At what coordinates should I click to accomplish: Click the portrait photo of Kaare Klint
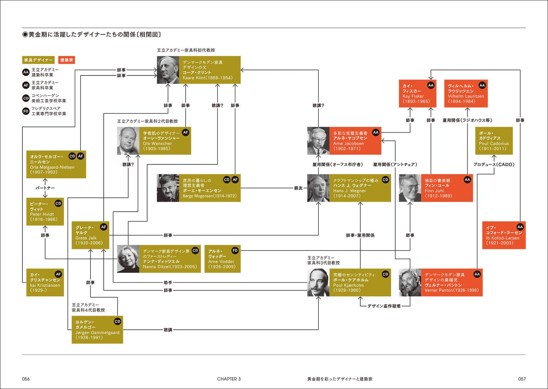(x=168, y=70)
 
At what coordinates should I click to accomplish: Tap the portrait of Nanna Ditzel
(x=128, y=259)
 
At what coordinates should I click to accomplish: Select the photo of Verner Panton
(x=410, y=282)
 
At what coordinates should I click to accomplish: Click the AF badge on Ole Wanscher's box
(x=186, y=132)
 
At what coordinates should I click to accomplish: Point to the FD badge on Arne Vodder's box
(x=235, y=251)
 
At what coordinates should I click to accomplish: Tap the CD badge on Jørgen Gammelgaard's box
(x=117, y=321)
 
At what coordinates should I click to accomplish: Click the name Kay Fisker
(x=413, y=96)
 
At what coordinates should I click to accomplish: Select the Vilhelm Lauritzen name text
(x=466, y=96)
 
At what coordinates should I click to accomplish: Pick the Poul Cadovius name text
(x=494, y=144)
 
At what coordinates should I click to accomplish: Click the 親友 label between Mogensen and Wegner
(x=298, y=188)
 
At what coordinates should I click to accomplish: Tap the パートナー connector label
(x=45, y=188)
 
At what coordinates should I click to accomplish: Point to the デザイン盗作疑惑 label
(x=384, y=306)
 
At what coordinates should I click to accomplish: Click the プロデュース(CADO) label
(x=494, y=165)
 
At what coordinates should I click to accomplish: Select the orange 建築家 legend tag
(x=66, y=60)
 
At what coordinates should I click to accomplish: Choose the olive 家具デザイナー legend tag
(x=38, y=60)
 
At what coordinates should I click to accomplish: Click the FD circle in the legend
(x=26, y=111)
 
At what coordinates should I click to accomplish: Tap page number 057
(x=522, y=379)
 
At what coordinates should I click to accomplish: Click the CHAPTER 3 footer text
(x=229, y=379)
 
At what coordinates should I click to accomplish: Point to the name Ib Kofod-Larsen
(x=502, y=238)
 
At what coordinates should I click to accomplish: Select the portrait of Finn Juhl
(x=410, y=188)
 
